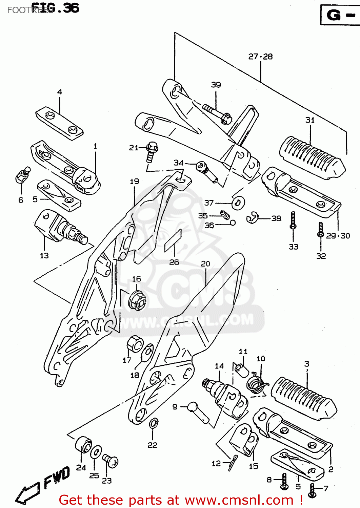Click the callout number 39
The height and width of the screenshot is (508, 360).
click(x=216, y=85)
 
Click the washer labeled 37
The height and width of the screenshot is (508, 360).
click(x=239, y=203)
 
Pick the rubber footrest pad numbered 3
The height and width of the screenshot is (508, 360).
click(x=304, y=398)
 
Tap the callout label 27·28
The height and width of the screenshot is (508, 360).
click(x=260, y=57)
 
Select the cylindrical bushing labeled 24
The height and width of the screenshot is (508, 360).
click(x=83, y=445)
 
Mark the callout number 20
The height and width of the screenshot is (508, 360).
click(x=205, y=263)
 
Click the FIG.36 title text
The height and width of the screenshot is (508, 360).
click(x=55, y=8)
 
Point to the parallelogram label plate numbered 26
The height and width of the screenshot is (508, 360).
click(x=173, y=241)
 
